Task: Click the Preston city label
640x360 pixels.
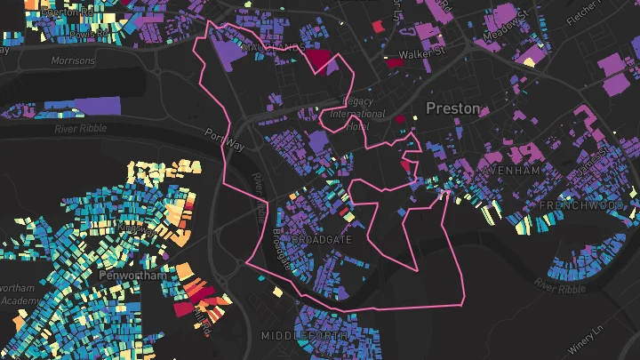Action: (x=452, y=108)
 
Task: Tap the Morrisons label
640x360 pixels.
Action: (x=73, y=61)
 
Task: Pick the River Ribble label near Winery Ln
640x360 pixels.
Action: (x=560, y=277)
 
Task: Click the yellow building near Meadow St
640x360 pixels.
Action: (x=531, y=61)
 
